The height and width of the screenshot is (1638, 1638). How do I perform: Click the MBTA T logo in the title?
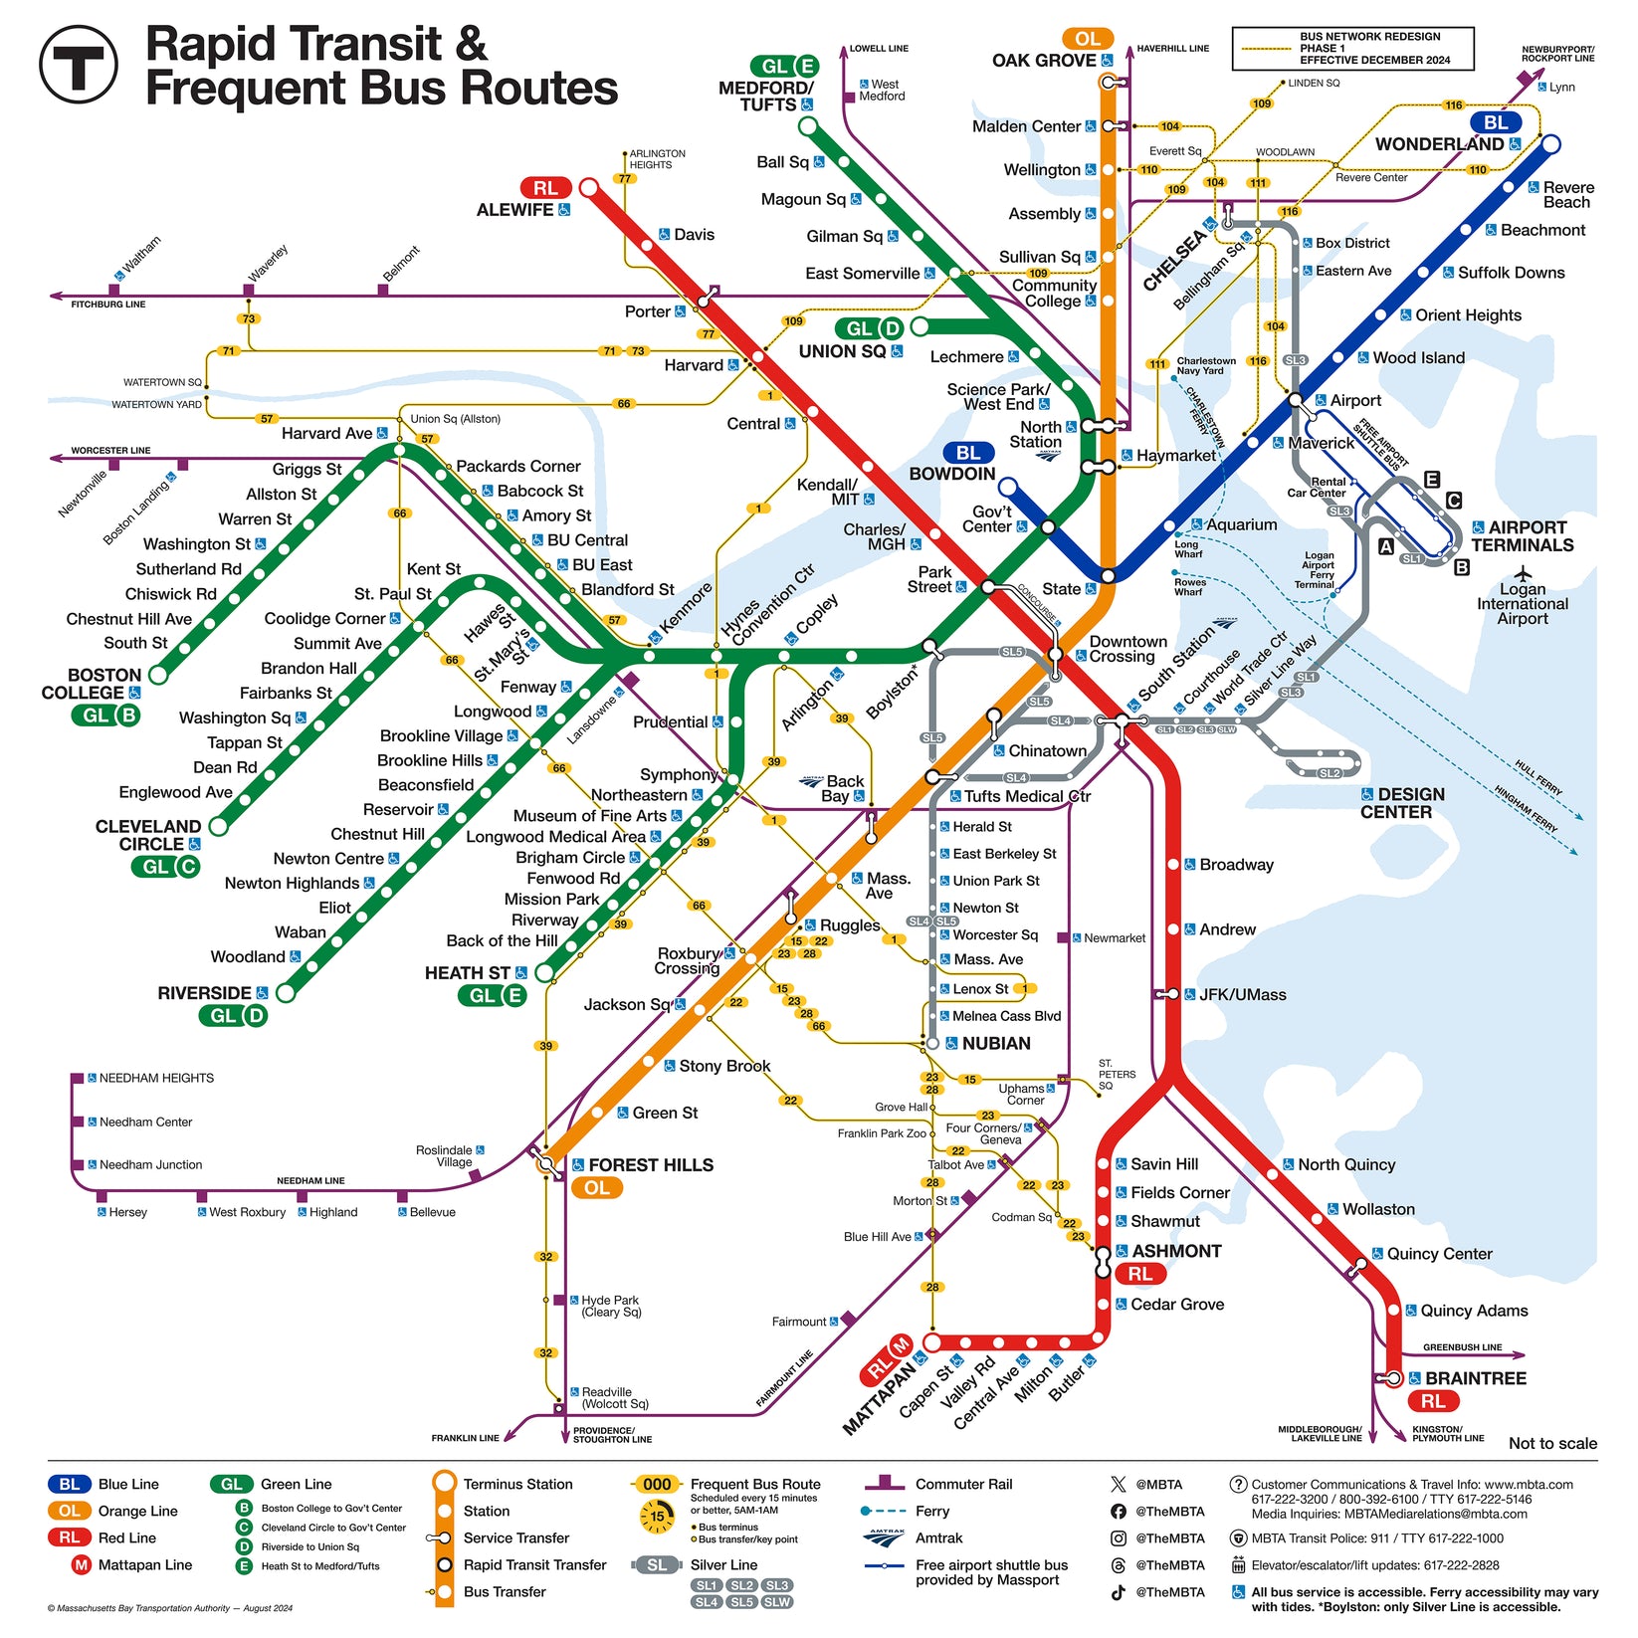coord(78,64)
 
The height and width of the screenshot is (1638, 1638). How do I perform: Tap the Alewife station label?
coord(514,210)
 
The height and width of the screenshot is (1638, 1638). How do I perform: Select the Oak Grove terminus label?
coord(1044,61)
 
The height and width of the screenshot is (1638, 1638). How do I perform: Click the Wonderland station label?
coord(1439,144)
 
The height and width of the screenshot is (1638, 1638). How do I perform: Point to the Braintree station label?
coord(1475,1378)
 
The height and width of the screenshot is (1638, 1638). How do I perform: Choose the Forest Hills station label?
coord(650,1165)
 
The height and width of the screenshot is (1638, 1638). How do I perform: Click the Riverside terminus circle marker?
coord(286,992)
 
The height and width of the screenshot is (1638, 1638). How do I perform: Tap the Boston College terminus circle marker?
coord(157,675)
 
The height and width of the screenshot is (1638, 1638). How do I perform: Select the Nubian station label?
coord(995,1043)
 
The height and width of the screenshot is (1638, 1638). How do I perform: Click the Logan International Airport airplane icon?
coord(1522,573)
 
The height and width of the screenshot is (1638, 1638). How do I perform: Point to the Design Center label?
coord(1396,803)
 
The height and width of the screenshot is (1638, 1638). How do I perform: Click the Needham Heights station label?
coord(156,1078)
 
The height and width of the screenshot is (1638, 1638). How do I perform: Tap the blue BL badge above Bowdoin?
coord(967,454)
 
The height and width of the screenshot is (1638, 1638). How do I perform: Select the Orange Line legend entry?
coord(137,1511)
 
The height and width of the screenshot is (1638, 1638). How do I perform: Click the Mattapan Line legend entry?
coord(144,1564)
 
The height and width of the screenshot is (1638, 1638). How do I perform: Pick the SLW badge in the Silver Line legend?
coord(776,1602)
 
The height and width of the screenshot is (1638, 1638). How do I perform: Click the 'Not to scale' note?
coord(1552,1443)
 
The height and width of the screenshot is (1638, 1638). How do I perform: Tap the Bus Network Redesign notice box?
coord(1352,49)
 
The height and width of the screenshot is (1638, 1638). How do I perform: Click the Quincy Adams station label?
coord(1473,1311)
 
